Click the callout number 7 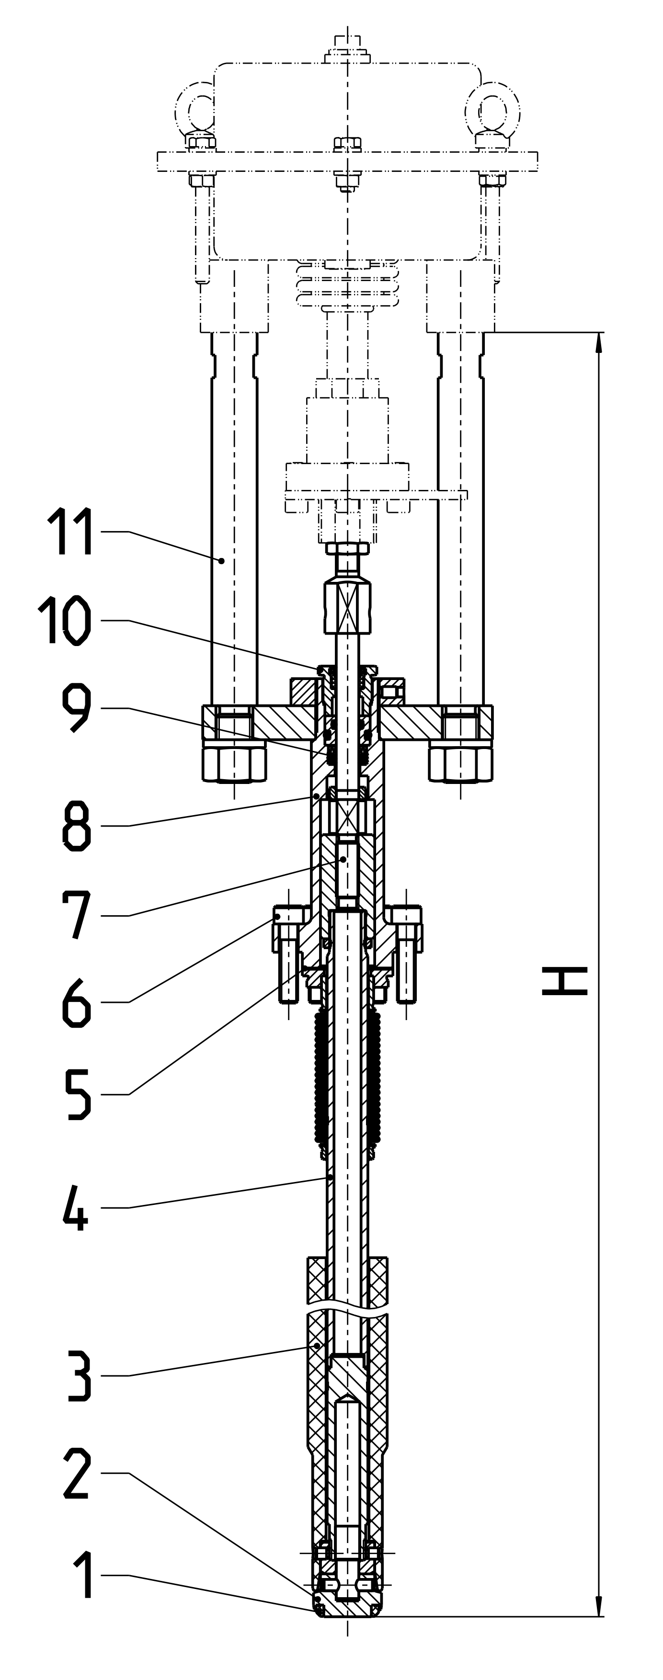pyautogui.click(x=76, y=916)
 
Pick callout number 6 pyautogui.click(x=76, y=1002)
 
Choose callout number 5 pyautogui.click(x=77, y=1094)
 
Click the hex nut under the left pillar pyautogui.click(x=234, y=761)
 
